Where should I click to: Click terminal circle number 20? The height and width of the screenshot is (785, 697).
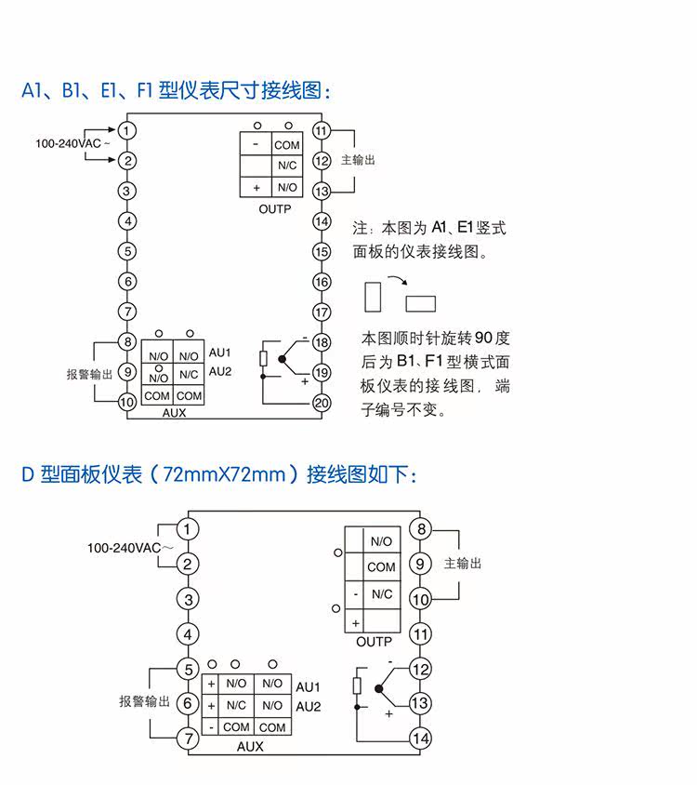[x=322, y=403]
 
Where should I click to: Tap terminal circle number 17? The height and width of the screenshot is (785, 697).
[x=322, y=313]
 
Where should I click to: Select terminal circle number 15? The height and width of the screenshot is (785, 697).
[x=322, y=252]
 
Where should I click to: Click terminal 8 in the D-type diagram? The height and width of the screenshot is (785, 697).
[x=421, y=530]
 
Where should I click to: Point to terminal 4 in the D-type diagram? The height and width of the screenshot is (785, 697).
[x=189, y=634]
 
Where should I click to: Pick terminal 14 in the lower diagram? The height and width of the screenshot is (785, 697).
[x=421, y=738]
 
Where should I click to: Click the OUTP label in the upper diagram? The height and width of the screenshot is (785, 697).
[x=275, y=209]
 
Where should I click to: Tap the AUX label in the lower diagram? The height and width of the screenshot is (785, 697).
[x=250, y=746]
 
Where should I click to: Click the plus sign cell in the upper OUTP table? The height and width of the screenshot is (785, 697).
[x=256, y=187]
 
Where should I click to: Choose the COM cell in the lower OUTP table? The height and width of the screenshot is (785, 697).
[x=381, y=566]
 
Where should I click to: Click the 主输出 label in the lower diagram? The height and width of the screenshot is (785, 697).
[x=463, y=564]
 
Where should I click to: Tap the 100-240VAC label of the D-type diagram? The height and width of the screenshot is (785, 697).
[x=124, y=548]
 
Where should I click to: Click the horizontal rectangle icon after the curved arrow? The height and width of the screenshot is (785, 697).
[x=421, y=303]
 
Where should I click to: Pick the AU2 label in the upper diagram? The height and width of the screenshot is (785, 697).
[x=219, y=372]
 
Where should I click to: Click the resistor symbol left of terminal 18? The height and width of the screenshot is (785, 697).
[x=264, y=359]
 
